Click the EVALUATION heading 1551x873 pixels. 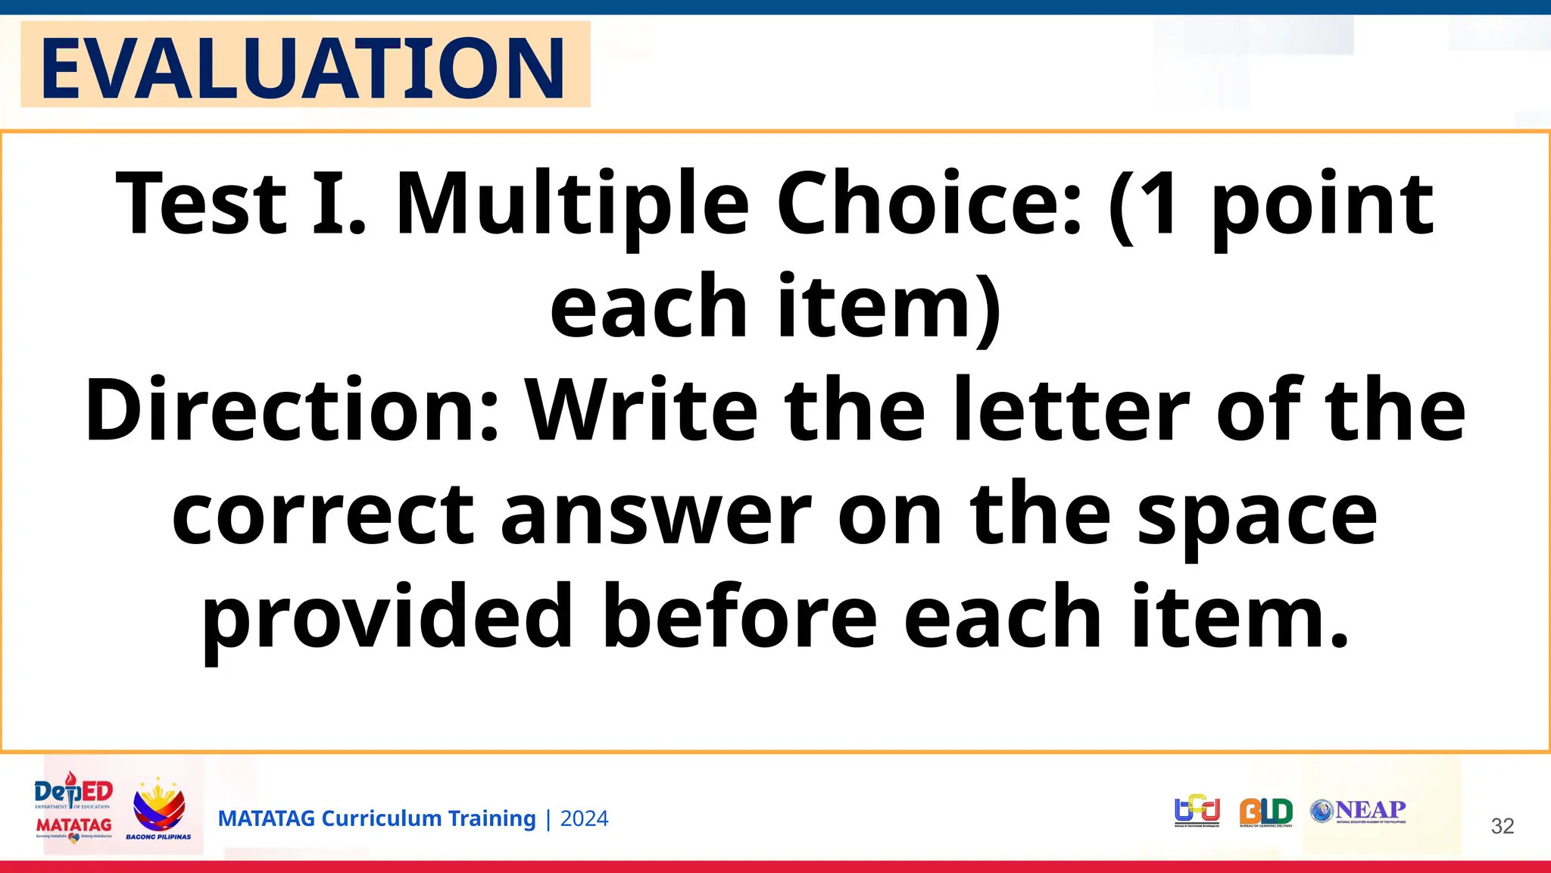[x=303, y=67]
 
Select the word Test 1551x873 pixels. [x=201, y=203]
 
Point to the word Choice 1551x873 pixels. [x=928, y=203]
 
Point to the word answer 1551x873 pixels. [x=656, y=516]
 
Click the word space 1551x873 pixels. [x=1257, y=519]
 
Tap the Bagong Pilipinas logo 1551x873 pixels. [x=159, y=809]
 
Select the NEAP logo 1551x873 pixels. [x=1359, y=811]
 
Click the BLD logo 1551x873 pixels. [x=1265, y=812]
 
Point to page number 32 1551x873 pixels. [x=1503, y=826]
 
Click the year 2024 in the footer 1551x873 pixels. [x=584, y=819]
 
